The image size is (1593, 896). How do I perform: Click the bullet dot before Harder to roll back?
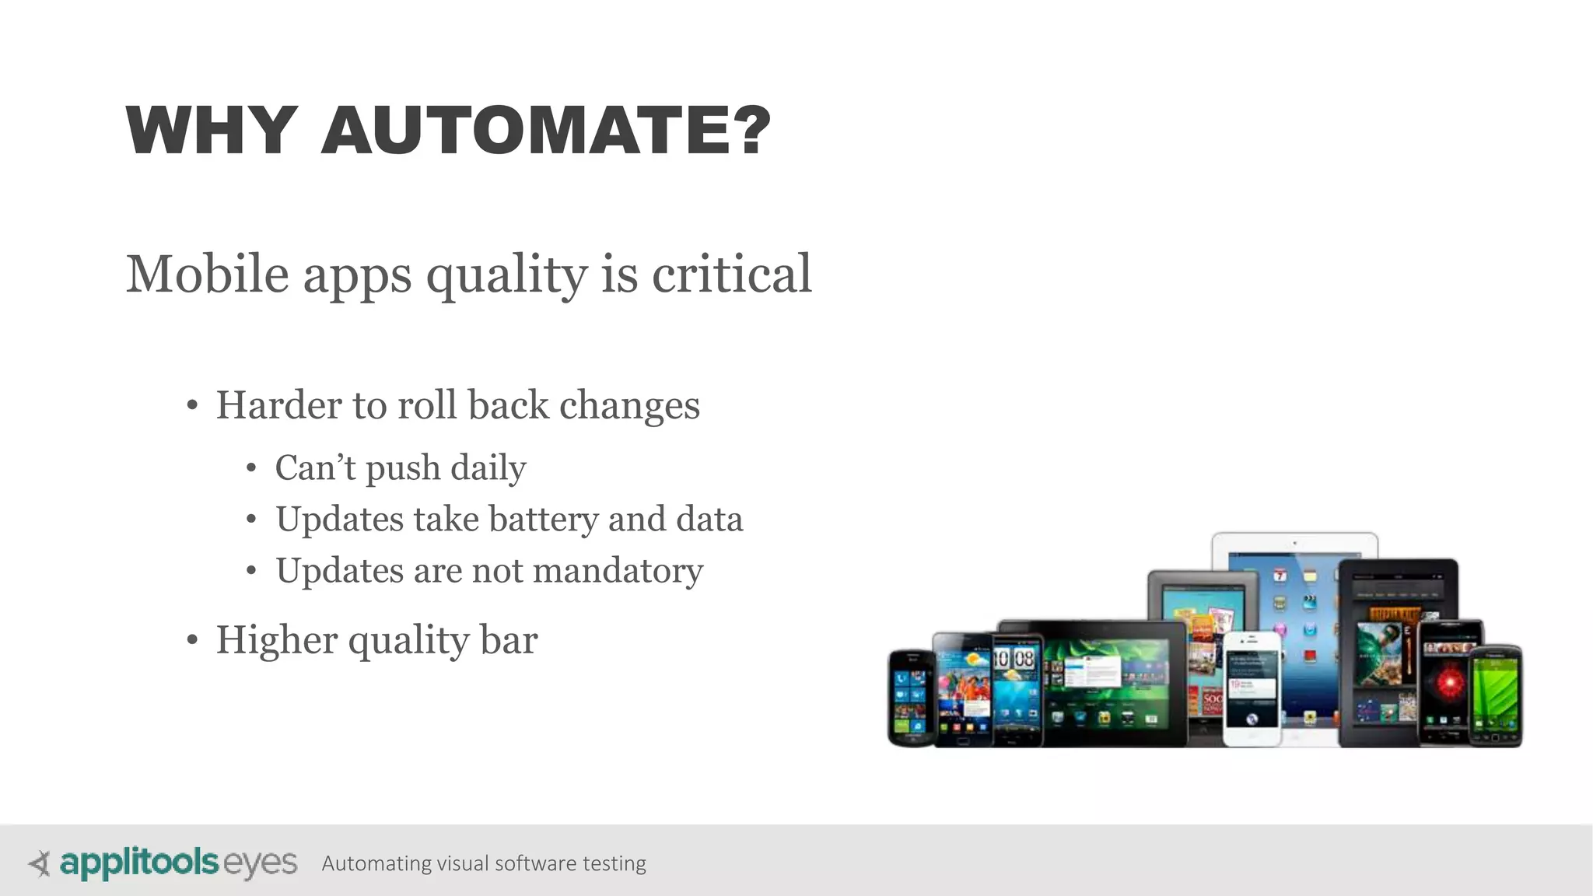click(192, 406)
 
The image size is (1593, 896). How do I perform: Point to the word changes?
click(629, 406)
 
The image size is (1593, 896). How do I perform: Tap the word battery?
click(544, 520)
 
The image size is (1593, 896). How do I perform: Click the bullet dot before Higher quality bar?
click(192, 641)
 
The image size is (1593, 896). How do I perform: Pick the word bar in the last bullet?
click(509, 641)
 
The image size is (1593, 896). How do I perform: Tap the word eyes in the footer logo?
click(260, 864)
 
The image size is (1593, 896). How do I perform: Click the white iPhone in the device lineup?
click(1251, 688)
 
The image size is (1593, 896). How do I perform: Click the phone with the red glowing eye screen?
click(1448, 683)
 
